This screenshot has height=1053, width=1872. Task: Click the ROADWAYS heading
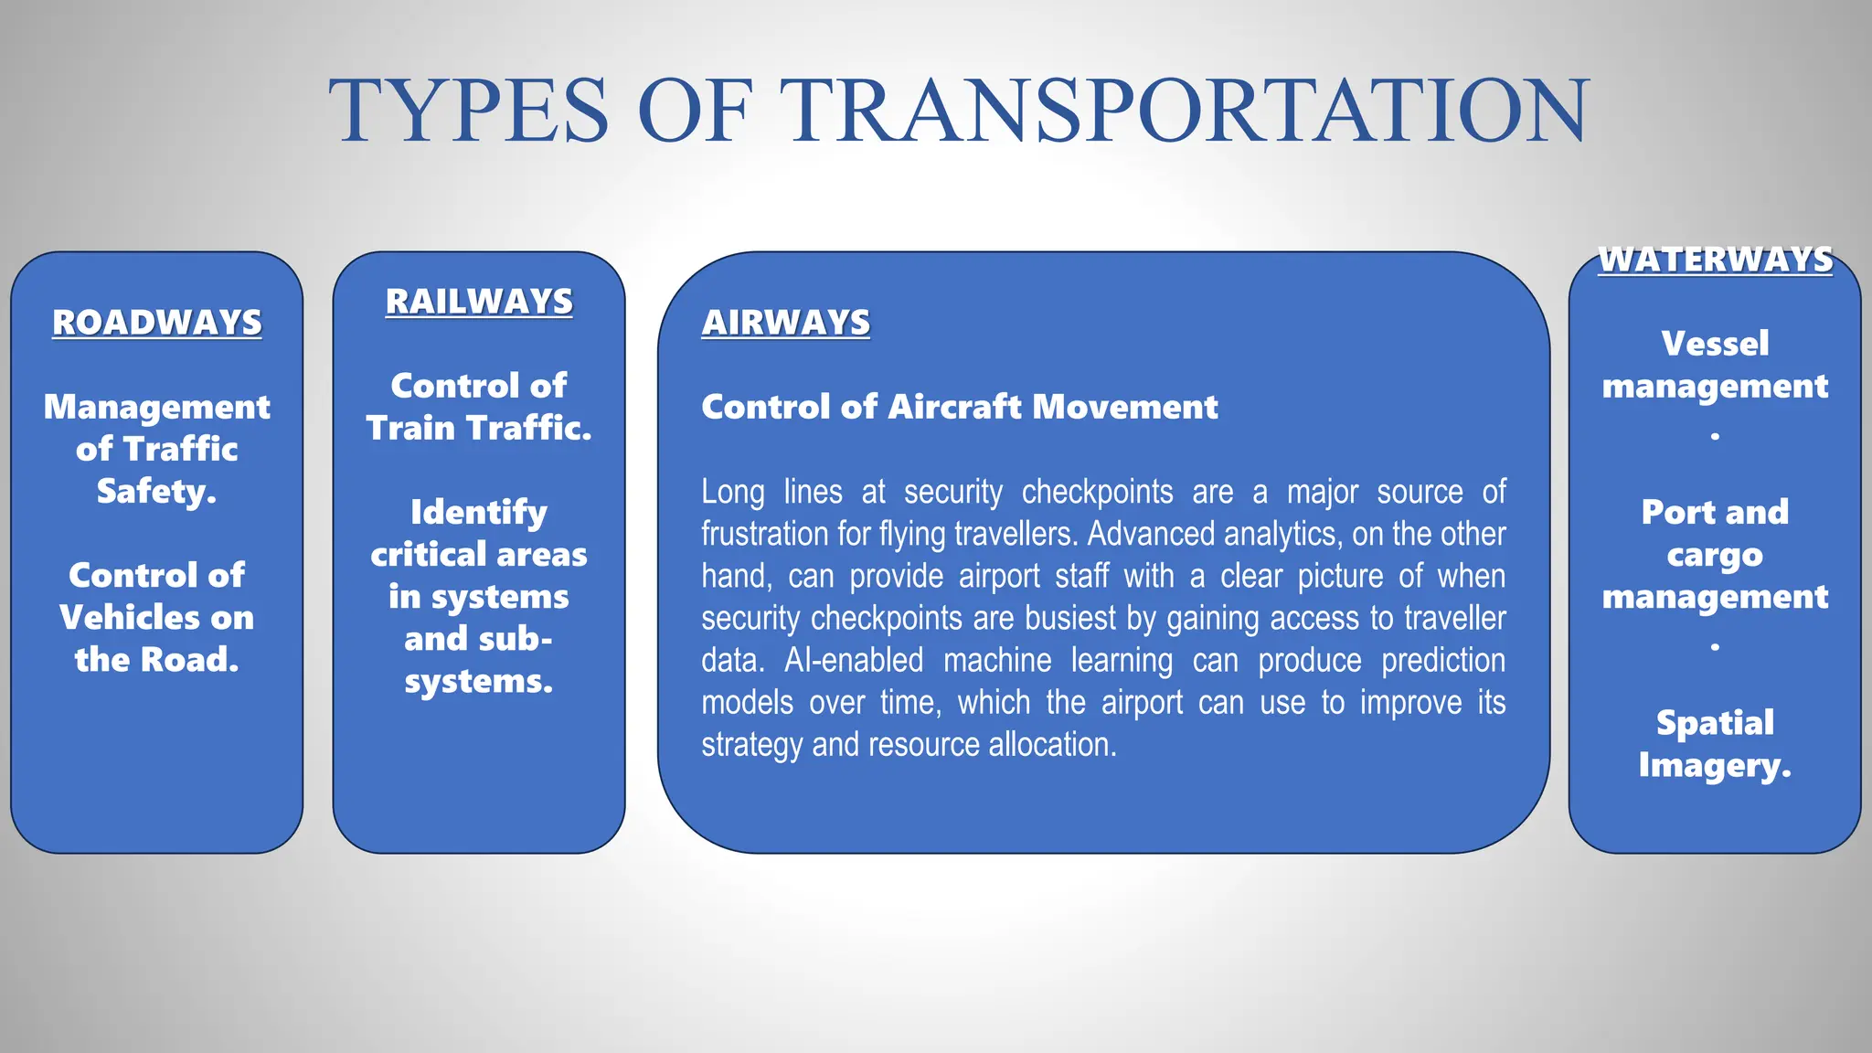click(x=156, y=323)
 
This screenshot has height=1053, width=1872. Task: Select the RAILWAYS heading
click(x=479, y=302)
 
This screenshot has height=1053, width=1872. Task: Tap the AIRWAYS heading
click(x=785, y=323)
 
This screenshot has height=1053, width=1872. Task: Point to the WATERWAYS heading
click(x=1715, y=260)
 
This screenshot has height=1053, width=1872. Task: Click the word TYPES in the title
click(x=468, y=112)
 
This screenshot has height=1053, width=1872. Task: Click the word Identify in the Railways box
click(x=479, y=513)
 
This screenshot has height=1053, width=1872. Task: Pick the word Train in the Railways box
click(x=410, y=428)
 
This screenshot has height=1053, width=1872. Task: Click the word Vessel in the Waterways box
click(x=1715, y=344)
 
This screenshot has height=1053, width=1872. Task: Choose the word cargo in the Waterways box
click(x=1715, y=555)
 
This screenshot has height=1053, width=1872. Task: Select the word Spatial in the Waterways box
click(x=1715, y=723)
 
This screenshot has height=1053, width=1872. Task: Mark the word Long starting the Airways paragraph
click(x=732, y=492)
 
